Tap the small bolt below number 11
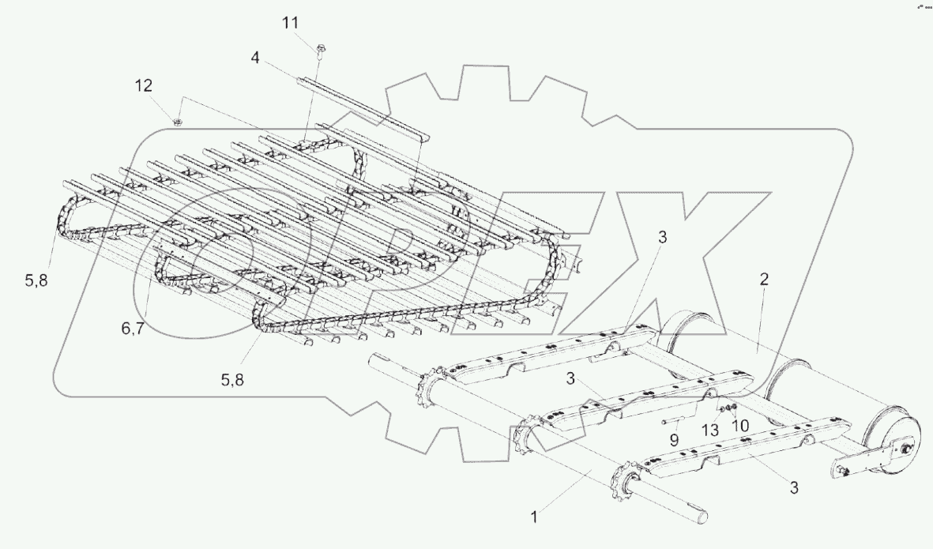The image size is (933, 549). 319,51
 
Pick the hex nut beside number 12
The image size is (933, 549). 178,122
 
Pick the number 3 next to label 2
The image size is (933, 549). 663,238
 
